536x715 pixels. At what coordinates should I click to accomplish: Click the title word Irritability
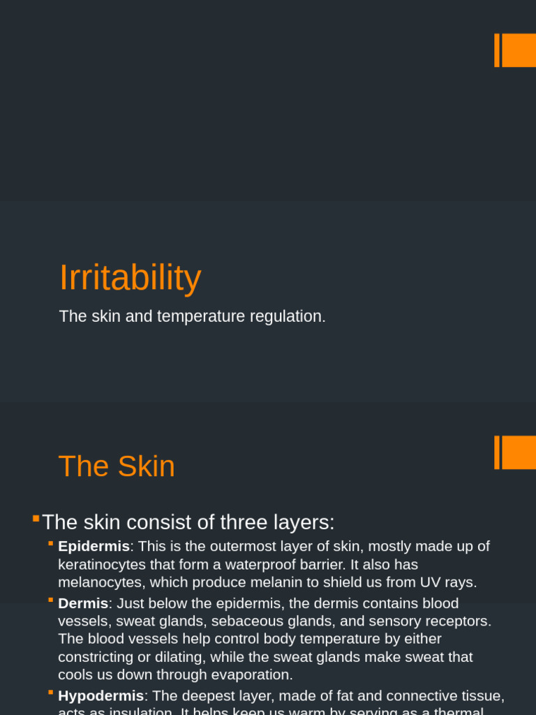pos(130,278)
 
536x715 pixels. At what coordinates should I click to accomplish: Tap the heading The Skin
pos(117,466)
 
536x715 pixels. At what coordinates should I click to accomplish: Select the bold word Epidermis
pos(94,546)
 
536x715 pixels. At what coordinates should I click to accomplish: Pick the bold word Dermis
pos(83,603)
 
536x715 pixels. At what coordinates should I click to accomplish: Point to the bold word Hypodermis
pos(100,695)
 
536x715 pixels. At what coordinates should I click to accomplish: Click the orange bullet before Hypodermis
pos(51,693)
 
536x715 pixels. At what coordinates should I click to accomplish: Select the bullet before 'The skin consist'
pos(36,518)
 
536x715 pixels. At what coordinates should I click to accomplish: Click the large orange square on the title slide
pos(519,50)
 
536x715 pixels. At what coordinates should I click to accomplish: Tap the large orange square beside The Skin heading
pos(519,452)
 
